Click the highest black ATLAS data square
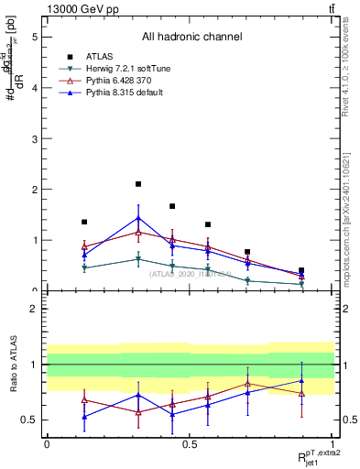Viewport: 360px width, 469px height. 138,184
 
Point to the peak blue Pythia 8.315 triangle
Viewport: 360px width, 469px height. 138,218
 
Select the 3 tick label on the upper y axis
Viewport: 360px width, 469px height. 35,139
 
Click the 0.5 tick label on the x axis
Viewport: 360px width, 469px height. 189,444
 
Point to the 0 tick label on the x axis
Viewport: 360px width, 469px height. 47,444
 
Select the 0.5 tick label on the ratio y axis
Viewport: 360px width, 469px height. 31,420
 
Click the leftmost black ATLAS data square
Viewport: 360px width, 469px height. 84,222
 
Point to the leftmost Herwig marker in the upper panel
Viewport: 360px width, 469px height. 84,267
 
